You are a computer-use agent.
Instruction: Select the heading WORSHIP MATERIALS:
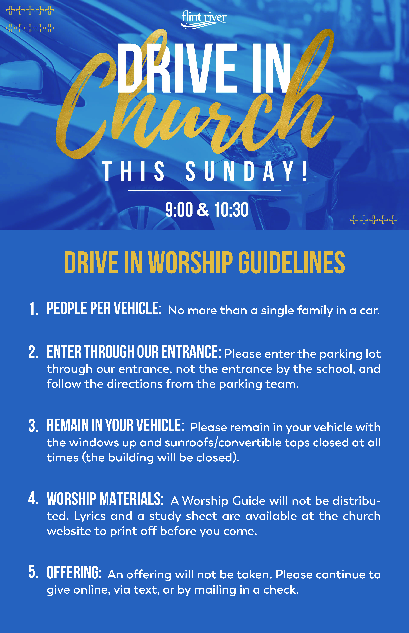point(105,499)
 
